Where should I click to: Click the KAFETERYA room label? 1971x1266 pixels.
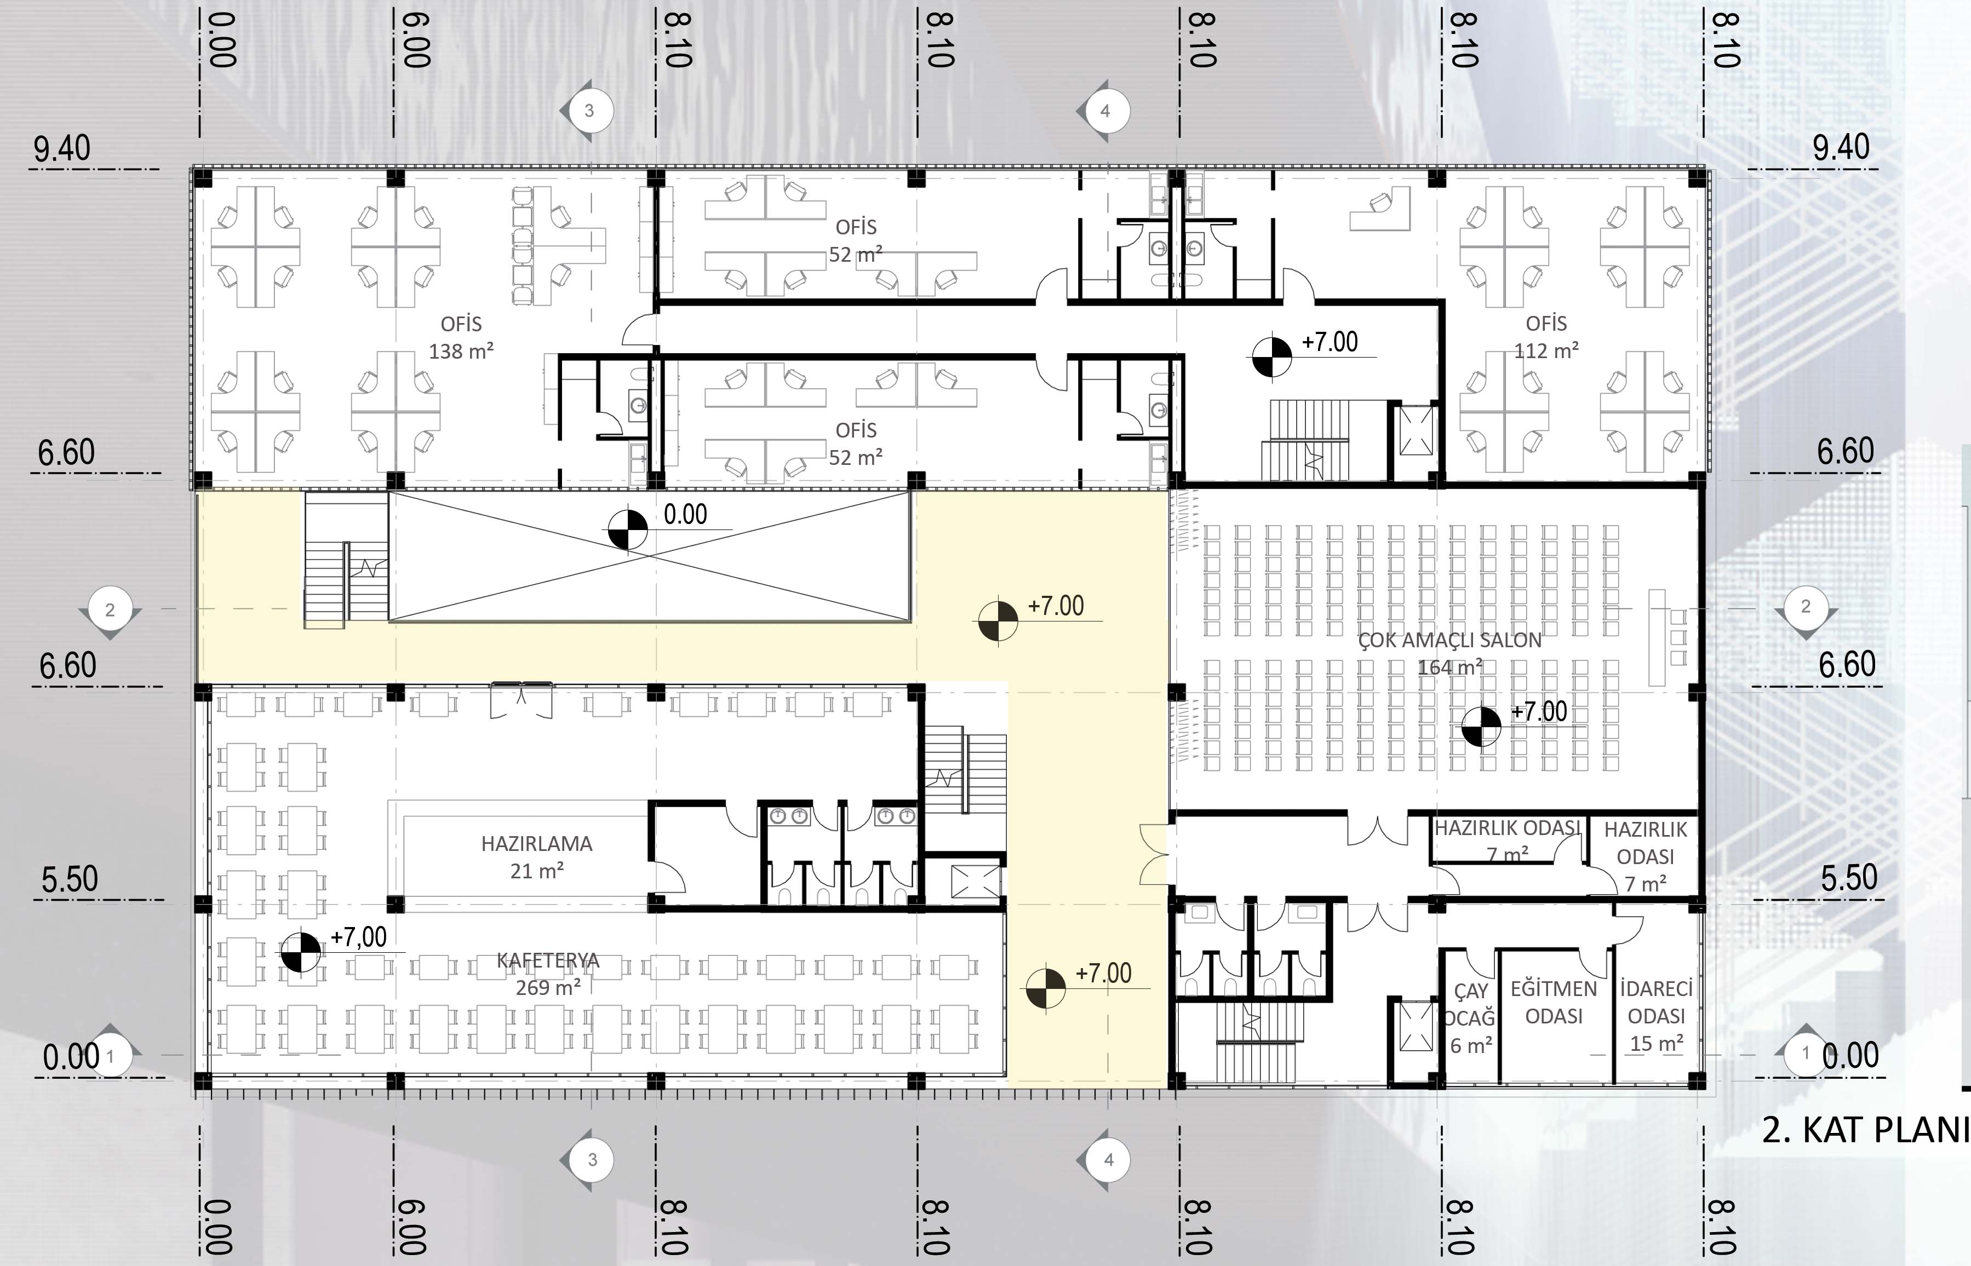tap(548, 960)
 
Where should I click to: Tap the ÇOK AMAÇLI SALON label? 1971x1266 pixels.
tap(1449, 641)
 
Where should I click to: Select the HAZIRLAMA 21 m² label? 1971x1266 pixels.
tap(536, 856)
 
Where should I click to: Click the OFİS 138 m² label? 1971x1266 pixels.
tap(461, 337)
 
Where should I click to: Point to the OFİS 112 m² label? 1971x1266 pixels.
tap(1546, 337)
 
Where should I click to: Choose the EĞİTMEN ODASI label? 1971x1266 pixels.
tap(1553, 1002)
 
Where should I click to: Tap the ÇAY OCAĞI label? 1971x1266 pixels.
tap(1470, 1005)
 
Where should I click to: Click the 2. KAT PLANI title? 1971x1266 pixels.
tap(1865, 1130)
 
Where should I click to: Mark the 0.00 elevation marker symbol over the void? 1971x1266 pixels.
tap(627, 530)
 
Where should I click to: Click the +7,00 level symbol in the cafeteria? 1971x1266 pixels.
tap(300, 952)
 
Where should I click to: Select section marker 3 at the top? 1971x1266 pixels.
tap(587, 110)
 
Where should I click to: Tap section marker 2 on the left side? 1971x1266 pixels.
tap(110, 610)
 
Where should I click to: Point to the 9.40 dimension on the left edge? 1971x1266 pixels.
tap(62, 149)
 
